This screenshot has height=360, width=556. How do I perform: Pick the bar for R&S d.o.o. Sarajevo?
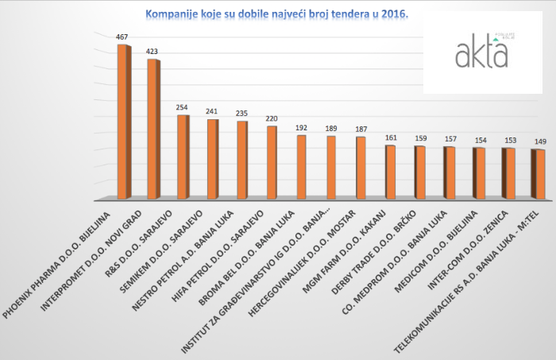(183, 156)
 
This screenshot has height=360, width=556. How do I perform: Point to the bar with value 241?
(213, 158)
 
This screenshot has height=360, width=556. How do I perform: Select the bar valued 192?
(301, 166)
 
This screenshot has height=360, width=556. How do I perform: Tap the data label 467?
(122, 37)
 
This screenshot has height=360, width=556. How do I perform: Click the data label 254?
(183, 107)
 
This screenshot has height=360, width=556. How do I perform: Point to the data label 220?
(272, 118)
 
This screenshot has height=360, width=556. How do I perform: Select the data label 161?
(391, 137)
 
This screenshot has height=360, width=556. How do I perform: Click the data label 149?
(539, 141)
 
